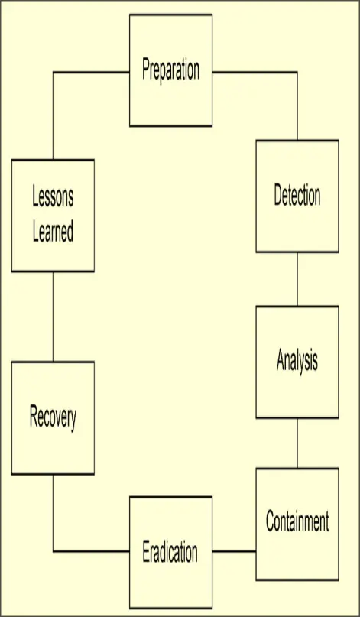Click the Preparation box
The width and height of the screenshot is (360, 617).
(x=170, y=70)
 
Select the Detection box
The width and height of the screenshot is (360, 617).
(x=297, y=196)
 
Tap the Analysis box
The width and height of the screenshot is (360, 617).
(x=297, y=362)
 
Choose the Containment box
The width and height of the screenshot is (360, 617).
(x=297, y=524)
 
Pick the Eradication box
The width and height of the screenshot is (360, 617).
(x=170, y=553)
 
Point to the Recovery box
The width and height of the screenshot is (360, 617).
(x=53, y=418)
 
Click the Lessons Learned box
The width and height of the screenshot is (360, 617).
(x=53, y=216)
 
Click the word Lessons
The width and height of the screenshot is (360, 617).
(x=53, y=197)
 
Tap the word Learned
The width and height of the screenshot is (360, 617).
(x=53, y=232)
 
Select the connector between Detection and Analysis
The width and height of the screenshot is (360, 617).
(x=297, y=279)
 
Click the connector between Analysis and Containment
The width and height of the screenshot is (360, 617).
(x=297, y=443)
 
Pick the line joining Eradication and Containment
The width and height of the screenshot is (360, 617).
(x=234, y=551)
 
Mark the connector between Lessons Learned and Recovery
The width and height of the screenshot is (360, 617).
(x=53, y=317)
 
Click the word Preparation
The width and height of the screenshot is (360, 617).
(x=170, y=70)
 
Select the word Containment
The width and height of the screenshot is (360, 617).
(x=297, y=521)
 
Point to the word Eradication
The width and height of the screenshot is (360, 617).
(x=170, y=552)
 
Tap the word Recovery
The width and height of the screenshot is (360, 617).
(x=53, y=418)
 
